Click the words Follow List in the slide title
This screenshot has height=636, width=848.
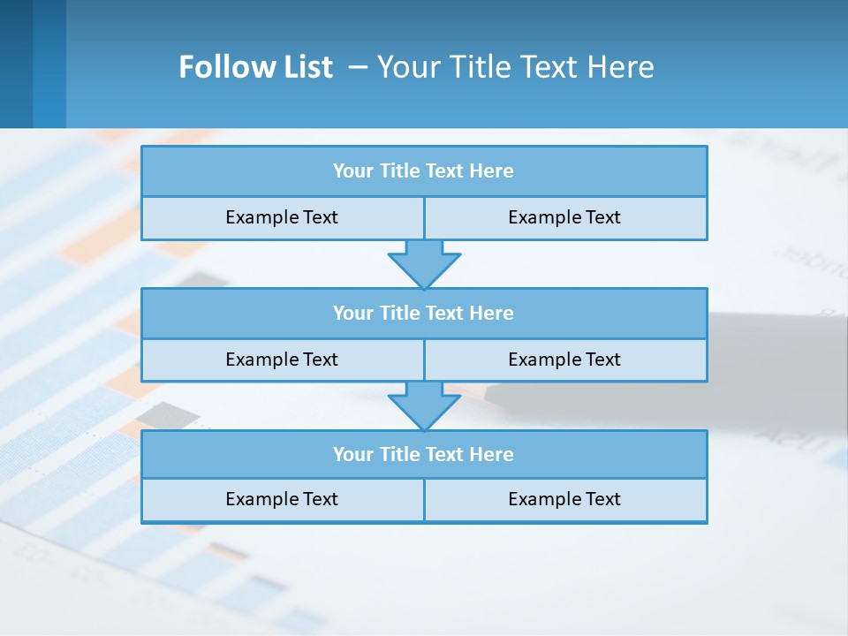255,67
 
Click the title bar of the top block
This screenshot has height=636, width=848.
424,171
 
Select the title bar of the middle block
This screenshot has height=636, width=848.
424,313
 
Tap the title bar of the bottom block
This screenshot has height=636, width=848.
424,454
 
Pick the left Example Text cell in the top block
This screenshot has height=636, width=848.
283,217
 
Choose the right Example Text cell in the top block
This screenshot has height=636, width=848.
565,217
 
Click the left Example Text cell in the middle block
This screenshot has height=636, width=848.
283,360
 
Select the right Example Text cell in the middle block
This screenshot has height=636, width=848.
565,360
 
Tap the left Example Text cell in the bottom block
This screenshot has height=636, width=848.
283,499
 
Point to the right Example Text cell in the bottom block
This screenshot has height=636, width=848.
565,499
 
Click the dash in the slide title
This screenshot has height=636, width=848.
358,67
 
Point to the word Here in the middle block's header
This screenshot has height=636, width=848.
492,313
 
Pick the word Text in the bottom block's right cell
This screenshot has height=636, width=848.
602,499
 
